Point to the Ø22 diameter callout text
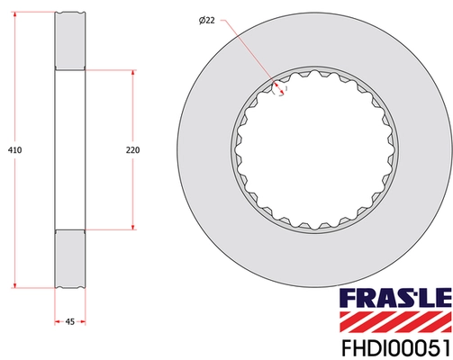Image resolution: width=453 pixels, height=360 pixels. point(207,20)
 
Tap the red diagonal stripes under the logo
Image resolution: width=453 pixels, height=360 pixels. point(394,319)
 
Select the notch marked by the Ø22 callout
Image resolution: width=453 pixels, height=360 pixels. point(280,88)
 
